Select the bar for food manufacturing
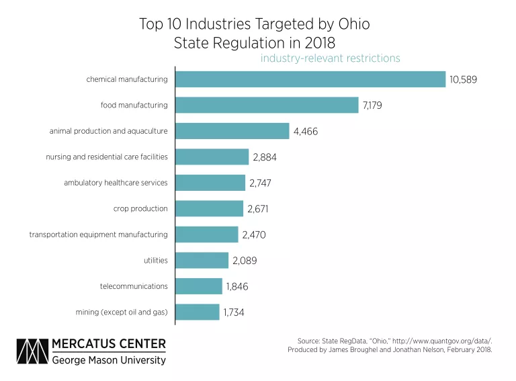[x=267, y=105]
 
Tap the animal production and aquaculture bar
[x=232, y=131]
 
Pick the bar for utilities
[x=202, y=260]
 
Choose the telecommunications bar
[x=199, y=286]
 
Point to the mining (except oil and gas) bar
[x=198, y=312]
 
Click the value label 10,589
[x=463, y=80]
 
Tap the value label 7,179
[x=376, y=105]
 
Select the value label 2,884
[x=265, y=157]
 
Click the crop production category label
[x=140, y=209]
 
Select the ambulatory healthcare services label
[x=116, y=183]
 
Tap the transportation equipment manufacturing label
[x=98, y=235]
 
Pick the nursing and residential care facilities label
[x=106, y=157]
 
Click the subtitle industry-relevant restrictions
[x=331, y=58]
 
